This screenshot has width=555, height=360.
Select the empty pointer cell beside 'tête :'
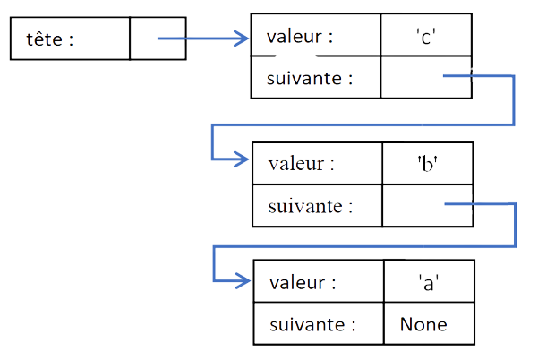[158, 39]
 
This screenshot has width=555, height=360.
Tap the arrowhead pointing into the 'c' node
[243, 39]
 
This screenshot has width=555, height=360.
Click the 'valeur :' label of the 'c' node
[300, 38]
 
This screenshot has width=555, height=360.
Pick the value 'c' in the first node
[426, 38]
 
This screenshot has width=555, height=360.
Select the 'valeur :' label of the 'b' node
[302, 164]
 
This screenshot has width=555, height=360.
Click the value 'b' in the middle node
[427, 164]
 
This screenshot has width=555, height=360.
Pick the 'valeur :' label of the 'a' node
[303, 283]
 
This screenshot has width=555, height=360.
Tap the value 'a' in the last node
[428, 283]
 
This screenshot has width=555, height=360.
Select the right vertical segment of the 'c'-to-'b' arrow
[513, 100]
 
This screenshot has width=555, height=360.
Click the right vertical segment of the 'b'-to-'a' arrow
[515, 225]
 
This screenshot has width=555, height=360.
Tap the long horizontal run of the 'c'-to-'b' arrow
[358, 124]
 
